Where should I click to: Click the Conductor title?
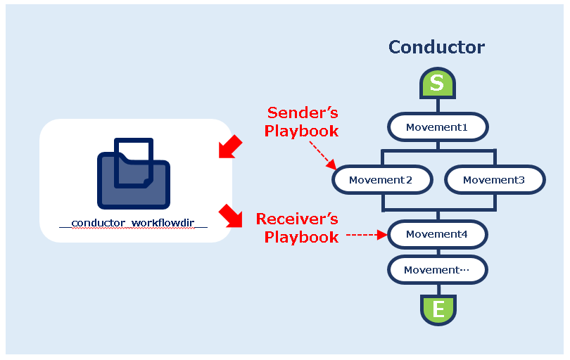tap(436, 47)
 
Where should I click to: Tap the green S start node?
tap(437, 84)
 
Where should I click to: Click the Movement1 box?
tap(437, 128)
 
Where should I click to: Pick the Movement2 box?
tap(381, 180)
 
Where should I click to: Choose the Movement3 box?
tap(494, 180)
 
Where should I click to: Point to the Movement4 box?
tap(437, 234)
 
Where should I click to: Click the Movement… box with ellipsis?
tap(437, 270)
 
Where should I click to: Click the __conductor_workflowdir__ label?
tap(133, 224)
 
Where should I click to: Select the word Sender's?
tap(303, 112)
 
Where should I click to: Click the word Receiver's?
tap(297, 219)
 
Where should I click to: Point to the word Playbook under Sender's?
tap(302, 131)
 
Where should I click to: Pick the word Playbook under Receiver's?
tap(302, 237)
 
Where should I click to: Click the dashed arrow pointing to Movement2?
tap(323, 154)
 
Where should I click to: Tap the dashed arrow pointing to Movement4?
tap(366, 236)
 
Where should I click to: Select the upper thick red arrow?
tap(230, 148)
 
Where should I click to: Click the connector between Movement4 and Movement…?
tap(438, 252)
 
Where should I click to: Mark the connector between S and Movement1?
tap(438, 105)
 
